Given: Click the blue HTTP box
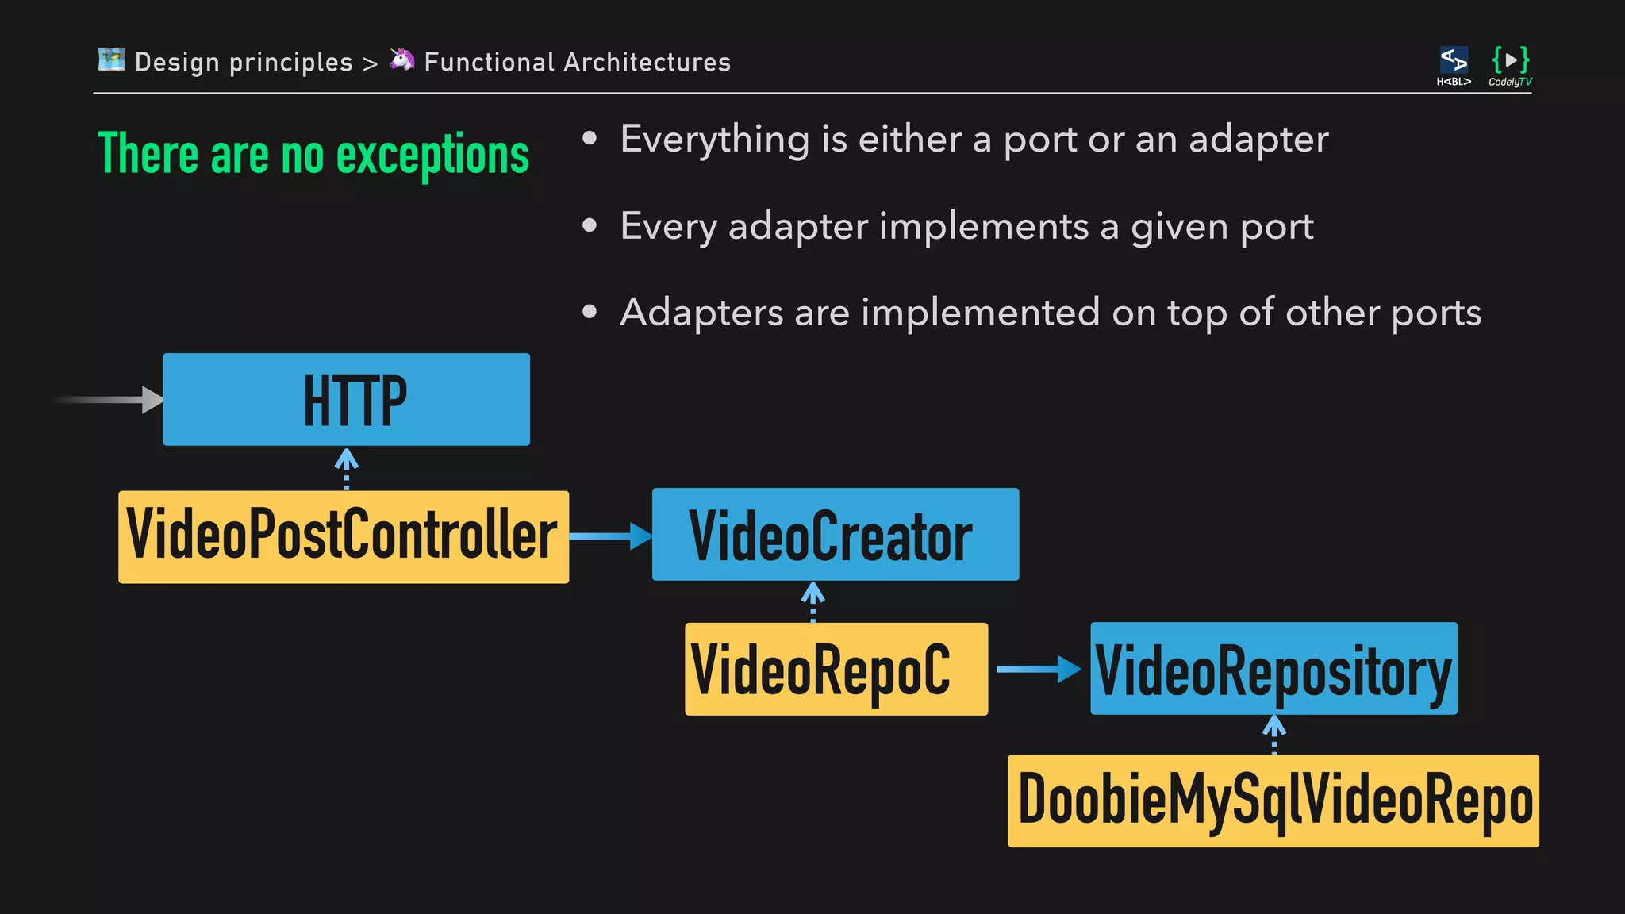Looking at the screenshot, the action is coord(346,399).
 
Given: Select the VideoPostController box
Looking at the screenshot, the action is coord(343,537).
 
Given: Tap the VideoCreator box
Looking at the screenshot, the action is coord(835,534).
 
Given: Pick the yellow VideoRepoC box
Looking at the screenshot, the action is coord(836,669).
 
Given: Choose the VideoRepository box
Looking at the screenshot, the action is coord(1273,669).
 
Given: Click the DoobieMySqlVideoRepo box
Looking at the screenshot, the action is coord(1273,801).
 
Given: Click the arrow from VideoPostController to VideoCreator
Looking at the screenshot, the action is coord(610,536).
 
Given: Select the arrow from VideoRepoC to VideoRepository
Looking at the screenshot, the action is coord(1038,669).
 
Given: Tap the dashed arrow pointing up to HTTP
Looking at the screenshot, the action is coord(346,468).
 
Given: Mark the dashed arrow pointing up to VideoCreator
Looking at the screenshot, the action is coord(812,601).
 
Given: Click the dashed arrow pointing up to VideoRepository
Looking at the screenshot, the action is coord(1273,734).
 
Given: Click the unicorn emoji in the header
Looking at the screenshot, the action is coord(402,60).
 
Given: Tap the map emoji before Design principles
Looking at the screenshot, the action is coord(112,60).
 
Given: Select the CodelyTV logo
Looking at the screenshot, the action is coord(1510,65).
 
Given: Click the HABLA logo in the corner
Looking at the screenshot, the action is coord(1454,65).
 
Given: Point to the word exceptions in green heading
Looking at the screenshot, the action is coord(432,156).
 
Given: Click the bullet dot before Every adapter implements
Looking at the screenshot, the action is coord(589,226).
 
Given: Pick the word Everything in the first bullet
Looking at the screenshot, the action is coord(715,140).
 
